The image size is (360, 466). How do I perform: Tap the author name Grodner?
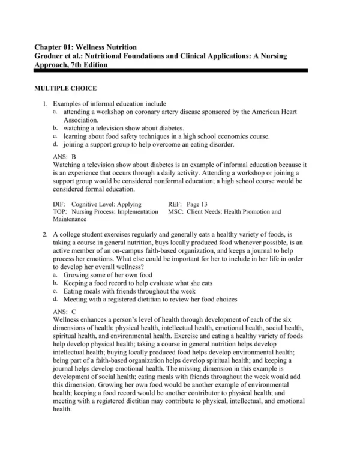click(x=50, y=56)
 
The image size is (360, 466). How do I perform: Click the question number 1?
click(x=45, y=104)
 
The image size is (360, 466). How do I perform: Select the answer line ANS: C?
click(x=65, y=312)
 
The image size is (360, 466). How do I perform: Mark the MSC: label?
click(x=178, y=212)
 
